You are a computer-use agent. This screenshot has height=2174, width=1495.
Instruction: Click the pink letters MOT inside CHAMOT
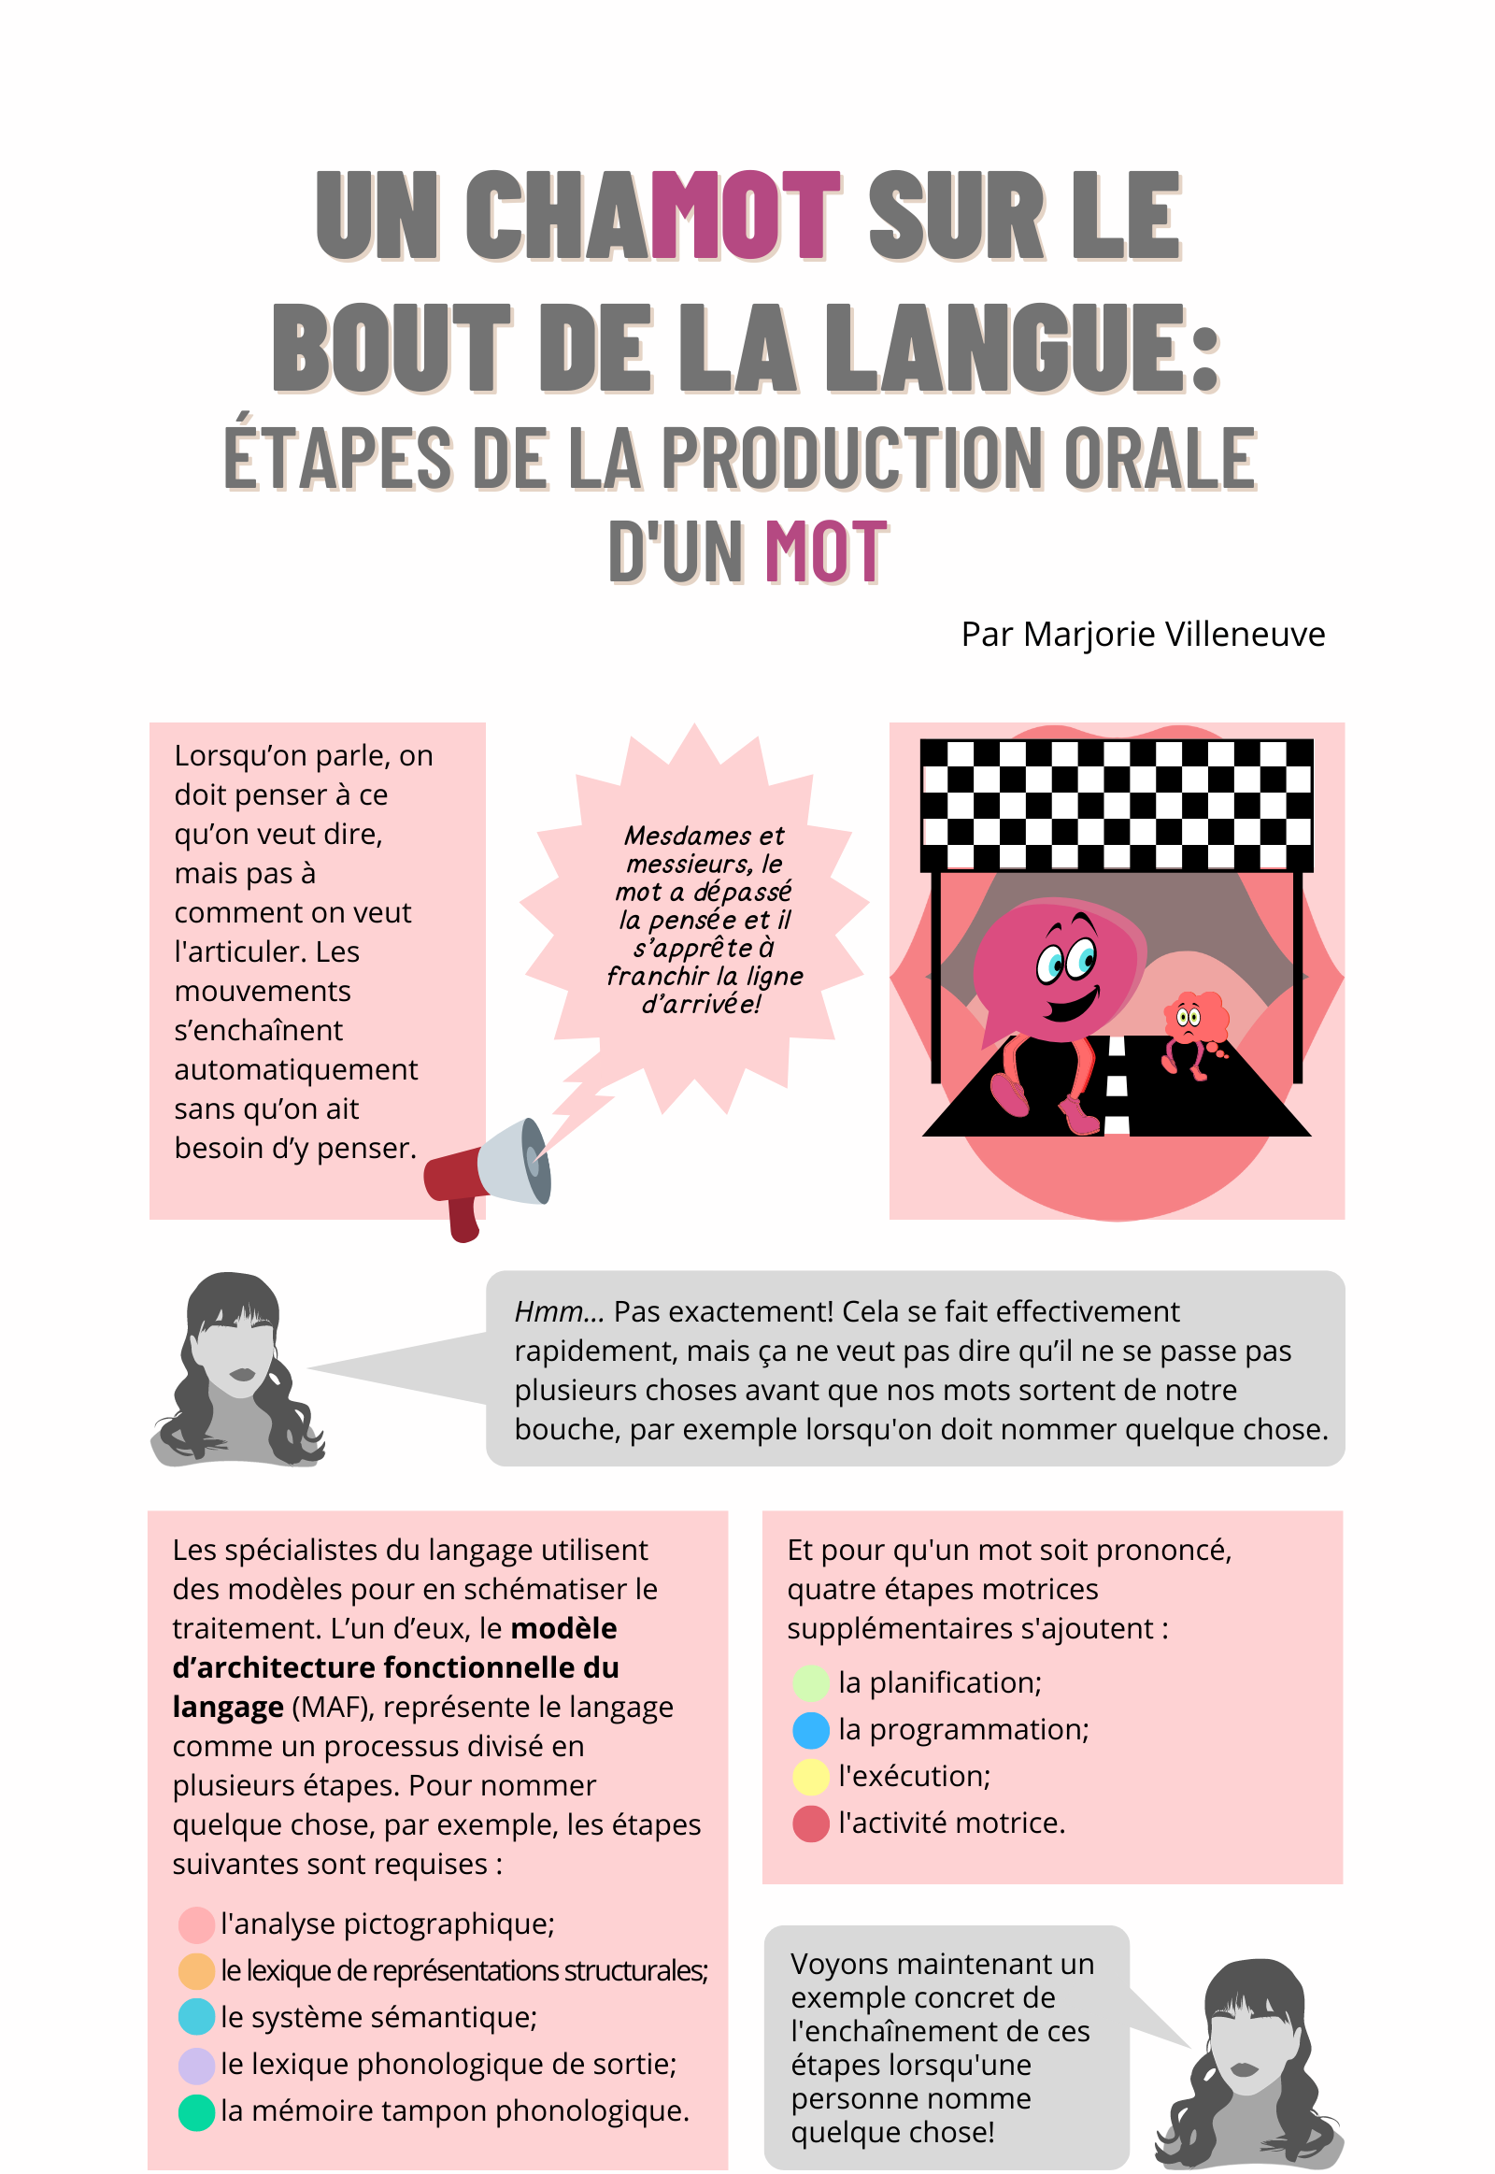(746, 215)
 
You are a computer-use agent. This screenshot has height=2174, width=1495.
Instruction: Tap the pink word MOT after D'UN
(825, 551)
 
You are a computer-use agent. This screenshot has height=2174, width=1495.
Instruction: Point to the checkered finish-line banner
(1117, 805)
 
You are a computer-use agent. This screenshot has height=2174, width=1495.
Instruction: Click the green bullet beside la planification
(811, 1684)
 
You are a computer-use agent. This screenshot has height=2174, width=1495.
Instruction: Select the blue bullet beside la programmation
(811, 1731)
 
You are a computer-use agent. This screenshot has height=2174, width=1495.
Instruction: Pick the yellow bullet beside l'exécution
(811, 1778)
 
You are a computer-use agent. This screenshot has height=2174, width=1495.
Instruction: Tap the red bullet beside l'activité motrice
(811, 1824)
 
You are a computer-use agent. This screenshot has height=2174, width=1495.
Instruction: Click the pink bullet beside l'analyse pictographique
(197, 1924)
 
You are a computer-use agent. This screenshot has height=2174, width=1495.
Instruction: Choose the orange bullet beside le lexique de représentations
(197, 1971)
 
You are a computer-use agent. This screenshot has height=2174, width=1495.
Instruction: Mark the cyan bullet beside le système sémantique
(197, 2019)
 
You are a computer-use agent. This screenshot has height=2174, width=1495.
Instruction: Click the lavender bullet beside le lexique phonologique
(197, 2066)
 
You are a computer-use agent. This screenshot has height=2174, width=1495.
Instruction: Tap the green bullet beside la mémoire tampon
(197, 2112)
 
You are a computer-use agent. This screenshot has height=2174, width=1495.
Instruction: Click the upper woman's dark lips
(243, 1374)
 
